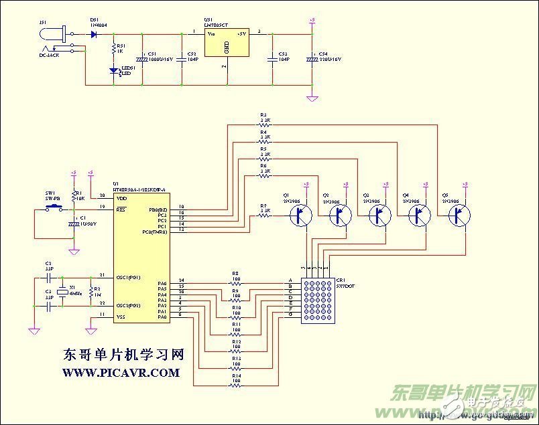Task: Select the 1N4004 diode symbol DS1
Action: pyautogui.click(x=93, y=33)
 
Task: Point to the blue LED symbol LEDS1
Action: pyautogui.click(x=113, y=69)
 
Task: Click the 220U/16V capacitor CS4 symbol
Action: pyautogui.click(x=312, y=59)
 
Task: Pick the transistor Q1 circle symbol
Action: pyautogui.click(x=302, y=215)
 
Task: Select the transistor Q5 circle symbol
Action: pyautogui.click(x=459, y=215)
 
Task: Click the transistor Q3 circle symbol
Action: pyautogui.click(x=381, y=215)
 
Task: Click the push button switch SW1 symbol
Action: pyautogui.click(x=52, y=209)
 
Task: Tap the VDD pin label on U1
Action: pyautogui.click(x=121, y=198)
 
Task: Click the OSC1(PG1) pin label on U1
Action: pyautogui.click(x=129, y=276)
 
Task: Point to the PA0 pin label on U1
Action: pyautogui.click(x=162, y=317)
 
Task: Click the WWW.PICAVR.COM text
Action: pyautogui.click(x=121, y=372)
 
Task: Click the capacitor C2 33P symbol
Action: pyautogui.click(x=48, y=276)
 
